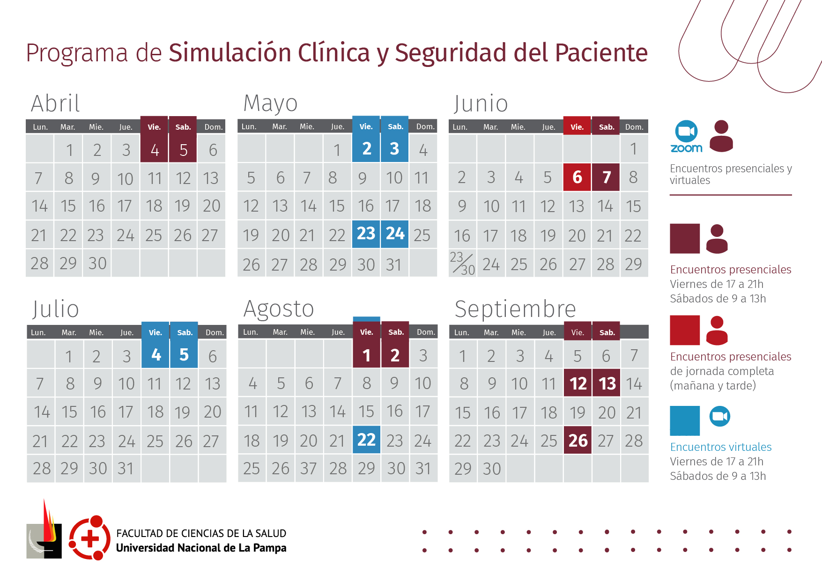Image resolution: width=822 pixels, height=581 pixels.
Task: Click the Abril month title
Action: point(55,103)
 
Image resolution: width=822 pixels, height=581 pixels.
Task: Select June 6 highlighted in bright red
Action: point(577,177)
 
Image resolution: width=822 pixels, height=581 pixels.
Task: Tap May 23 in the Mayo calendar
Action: point(366,234)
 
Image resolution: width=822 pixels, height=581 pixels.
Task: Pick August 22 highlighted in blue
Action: point(366,440)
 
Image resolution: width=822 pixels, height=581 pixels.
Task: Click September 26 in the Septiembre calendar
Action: point(578,441)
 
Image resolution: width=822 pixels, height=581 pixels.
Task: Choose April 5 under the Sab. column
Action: point(183,150)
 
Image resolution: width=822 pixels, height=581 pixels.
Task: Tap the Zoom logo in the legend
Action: point(686,137)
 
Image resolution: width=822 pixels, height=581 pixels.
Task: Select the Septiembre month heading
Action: point(515,309)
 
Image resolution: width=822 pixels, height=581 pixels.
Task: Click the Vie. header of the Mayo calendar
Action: point(366,126)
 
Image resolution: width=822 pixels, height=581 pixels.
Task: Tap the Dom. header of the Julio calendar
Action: point(214,332)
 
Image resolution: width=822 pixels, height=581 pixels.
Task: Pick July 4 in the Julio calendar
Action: point(156,355)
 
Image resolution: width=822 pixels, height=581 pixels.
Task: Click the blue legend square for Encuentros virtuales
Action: point(685,420)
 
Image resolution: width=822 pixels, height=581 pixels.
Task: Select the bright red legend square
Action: point(685,330)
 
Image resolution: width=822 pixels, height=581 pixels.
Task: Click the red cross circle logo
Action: point(89,538)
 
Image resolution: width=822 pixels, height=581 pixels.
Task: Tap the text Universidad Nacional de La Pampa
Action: point(201,548)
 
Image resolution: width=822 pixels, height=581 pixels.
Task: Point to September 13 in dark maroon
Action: point(607,384)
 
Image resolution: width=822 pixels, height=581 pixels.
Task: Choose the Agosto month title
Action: point(279,309)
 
